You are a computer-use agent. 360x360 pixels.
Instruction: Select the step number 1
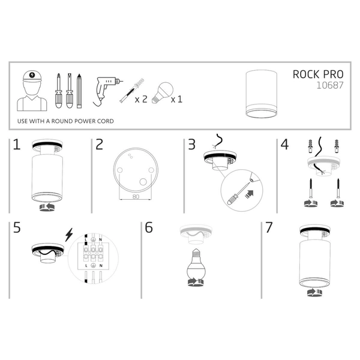coord(17,145)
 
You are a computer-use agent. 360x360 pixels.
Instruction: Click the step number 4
coord(284,145)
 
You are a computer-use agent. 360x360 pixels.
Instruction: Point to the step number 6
coord(149,227)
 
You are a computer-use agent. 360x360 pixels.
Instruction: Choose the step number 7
coord(268,227)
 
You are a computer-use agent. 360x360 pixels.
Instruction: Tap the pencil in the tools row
coord(78,90)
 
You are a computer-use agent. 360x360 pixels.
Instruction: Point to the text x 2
coord(140,98)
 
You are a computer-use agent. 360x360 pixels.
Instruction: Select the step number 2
coord(100,145)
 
